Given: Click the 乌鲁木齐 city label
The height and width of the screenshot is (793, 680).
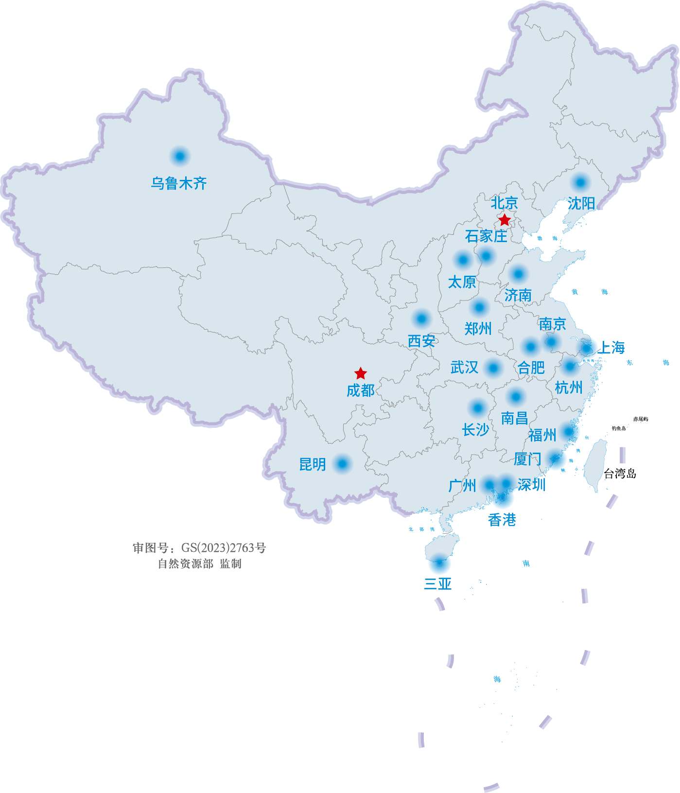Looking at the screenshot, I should pyautogui.click(x=179, y=183).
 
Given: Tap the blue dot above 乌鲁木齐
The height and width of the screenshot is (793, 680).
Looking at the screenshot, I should pyautogui.click(x=180, y=157).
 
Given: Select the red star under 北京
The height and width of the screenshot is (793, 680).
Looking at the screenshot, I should pyautogui.click(x=505, y=220).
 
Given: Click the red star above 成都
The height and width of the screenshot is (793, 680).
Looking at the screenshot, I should pyautogui.click(x=360, y=373).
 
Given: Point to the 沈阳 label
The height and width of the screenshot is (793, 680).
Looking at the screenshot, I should pyautogui.click(x=581, y=203).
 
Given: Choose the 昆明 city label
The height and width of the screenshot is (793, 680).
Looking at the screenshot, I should pyautogui.click(x=312, y=464).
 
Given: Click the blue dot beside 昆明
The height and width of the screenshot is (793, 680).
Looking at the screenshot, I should pyautogui.click(x=342, y=464).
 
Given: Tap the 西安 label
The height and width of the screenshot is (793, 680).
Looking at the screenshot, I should pyautogui.click(x=421, y=341).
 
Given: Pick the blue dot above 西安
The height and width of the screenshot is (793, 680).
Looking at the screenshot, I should pyautogui.click(x=421, y=319).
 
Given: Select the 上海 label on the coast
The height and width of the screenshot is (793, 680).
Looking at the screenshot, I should pyautogui.click(x=611, y=348).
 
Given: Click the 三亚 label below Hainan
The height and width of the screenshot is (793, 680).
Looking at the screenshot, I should pyautogui.click(x=438, y=583).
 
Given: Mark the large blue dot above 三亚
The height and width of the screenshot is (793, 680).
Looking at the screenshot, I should pyautogui.click(x=439, y=564).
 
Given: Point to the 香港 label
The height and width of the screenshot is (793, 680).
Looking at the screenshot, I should pyautogui.click(x=502, y=520).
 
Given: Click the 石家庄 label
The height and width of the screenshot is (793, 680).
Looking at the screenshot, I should pyautogui.click(x=486, y=236).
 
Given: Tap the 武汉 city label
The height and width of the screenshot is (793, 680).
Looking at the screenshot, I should pyautogui.click(x=464, y=367).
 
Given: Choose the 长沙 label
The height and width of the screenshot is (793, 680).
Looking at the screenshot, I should pyautogui.click(x=475, y=430).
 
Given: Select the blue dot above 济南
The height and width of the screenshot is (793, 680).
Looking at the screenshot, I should pyautogui.click(x=518, y=274).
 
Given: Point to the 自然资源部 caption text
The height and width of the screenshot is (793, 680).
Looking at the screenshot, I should pyautogui.click(x=186, y=564).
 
